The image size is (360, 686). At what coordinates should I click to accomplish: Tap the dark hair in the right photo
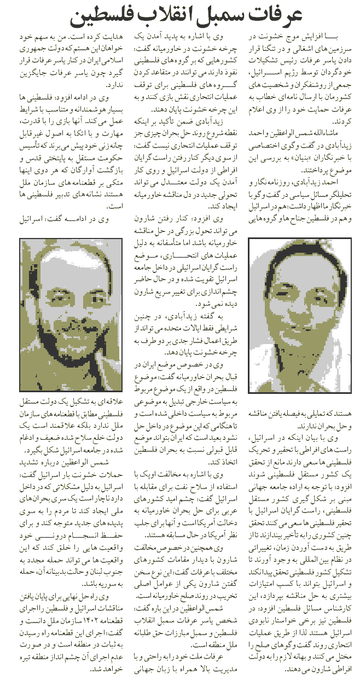[x=274, y=257]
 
